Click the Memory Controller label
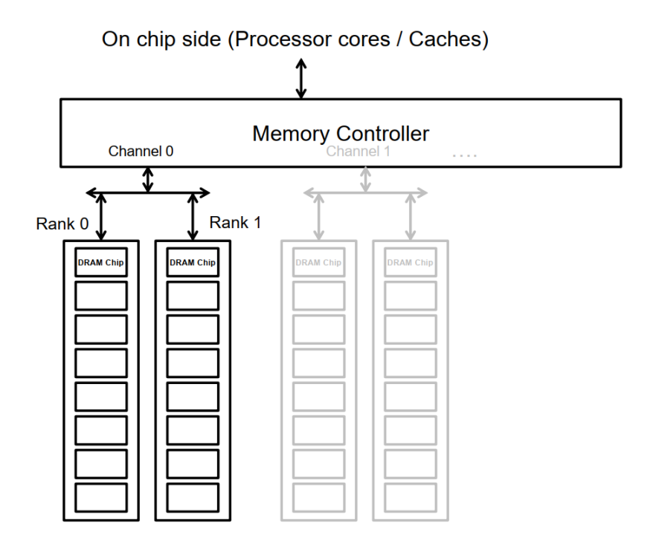coord(340,134)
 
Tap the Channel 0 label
coord(141,152)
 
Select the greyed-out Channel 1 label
coord(359,152)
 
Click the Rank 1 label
coord(235,221)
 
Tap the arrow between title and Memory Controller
coord(300,78)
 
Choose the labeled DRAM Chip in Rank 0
coord(100,262)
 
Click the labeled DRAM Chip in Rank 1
coord(193,262)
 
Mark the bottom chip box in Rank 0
coord(100,496)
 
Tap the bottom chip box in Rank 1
coord(193,496)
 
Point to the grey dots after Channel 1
coord(465,155)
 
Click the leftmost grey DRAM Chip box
coord(318,262)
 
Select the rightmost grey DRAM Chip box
coord(411,262)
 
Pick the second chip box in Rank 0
coord(100,295)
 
